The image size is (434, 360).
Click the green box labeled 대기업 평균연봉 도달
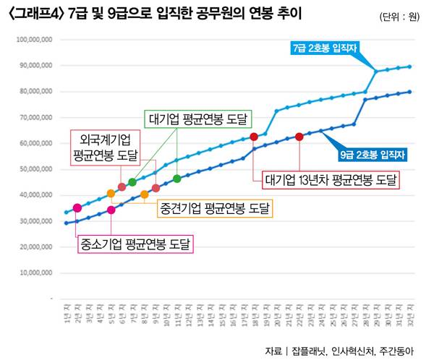click(197, 120)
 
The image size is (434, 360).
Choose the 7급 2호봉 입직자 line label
click(325, 48)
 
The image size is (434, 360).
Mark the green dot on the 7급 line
click(132, 182)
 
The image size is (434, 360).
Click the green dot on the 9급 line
click(177, 179)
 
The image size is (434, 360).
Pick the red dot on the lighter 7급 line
click(254, 137)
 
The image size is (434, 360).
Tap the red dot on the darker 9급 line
click(299, 137)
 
